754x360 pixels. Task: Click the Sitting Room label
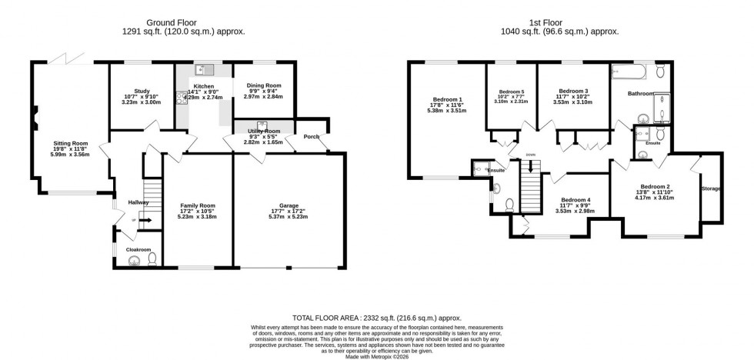tap(71, 144)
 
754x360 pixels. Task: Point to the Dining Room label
tap(263, 85)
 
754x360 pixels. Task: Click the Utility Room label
tap(263, 132)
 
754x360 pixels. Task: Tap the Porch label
tap(312, 137)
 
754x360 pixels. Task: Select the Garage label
tap(289, 205)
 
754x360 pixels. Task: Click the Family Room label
tap(198, 205)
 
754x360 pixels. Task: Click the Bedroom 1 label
tap(447, 99)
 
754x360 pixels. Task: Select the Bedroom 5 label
tap(511, 92)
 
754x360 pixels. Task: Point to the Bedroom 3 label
tap(573, 92)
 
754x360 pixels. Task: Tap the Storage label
tap(711, 188)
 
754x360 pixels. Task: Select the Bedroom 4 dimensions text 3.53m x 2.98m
tap(576, 211)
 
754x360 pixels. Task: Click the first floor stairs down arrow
tap(531, 165)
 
